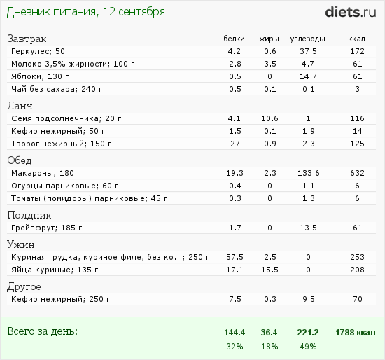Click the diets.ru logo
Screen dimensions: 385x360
351,12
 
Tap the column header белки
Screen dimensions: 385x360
234,39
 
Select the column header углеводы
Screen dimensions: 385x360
308,39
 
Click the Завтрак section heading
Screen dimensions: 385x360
27,39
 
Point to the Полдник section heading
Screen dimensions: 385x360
29,215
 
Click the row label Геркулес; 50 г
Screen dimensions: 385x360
41,51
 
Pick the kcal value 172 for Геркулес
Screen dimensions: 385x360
357,51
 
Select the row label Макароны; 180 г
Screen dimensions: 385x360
46,173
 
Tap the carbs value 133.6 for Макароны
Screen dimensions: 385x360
309,173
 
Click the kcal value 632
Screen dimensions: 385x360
357,173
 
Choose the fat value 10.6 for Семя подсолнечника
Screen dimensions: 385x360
269,118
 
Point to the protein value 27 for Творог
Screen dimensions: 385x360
234,144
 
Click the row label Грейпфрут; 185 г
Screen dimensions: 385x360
47,228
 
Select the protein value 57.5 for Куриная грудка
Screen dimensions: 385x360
234,257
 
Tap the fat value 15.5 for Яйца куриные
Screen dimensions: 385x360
269,270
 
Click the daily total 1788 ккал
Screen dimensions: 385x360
356,333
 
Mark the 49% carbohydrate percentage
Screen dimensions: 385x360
308,347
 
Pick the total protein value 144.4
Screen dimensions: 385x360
234,333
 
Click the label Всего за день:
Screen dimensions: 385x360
42,331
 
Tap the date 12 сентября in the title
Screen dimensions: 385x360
134,12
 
